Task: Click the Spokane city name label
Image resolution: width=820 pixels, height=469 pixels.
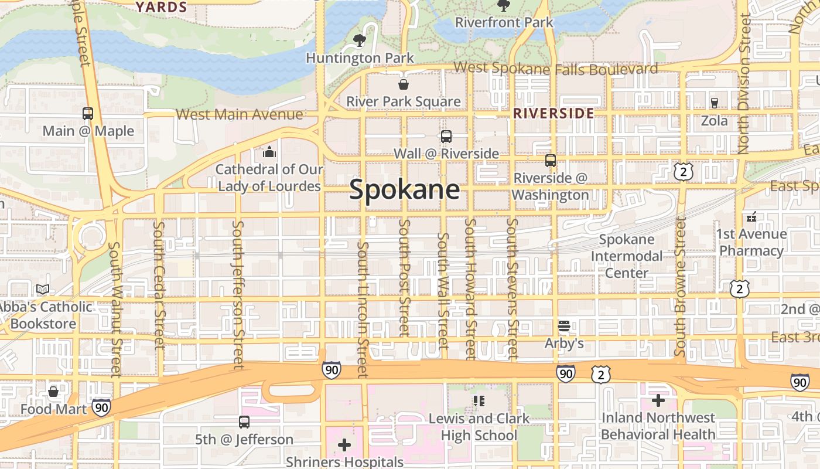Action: coord(404,190)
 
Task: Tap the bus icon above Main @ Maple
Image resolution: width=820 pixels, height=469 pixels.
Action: coord(88,113)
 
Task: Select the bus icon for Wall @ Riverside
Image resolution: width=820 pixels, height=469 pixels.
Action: coord(446,137)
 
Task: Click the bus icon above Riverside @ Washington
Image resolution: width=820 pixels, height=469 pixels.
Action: coord(551,160)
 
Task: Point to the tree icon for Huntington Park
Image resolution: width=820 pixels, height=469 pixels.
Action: coord(360,40)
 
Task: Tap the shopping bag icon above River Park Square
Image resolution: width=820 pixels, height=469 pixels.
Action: coord(403,84)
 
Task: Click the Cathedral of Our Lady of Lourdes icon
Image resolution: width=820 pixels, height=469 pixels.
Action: coord(269,152)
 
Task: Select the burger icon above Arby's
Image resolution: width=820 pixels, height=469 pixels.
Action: coord(564,325)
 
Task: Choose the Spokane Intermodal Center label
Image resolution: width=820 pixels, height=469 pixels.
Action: coord(626,256)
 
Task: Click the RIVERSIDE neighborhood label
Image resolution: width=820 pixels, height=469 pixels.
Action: coord(553,113)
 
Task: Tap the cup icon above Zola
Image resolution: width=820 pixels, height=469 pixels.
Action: coord(714,103)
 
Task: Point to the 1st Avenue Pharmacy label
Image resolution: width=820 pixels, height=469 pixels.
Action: coord(751,242)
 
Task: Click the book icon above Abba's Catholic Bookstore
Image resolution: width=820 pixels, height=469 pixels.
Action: coord(43,289)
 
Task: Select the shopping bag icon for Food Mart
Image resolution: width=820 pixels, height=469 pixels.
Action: coord(53,391)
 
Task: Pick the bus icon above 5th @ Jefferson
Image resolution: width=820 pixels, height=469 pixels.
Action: coord(244,422)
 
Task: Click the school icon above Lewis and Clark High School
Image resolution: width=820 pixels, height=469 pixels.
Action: coord(479,401)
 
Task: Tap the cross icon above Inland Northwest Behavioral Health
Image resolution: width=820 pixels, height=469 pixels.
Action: coord(658,400)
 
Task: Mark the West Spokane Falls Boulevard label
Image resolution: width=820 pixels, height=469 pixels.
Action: coord(555,68)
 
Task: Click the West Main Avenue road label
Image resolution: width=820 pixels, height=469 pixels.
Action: coord(239,114)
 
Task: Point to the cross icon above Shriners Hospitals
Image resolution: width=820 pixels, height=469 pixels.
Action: coord(344,445)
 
